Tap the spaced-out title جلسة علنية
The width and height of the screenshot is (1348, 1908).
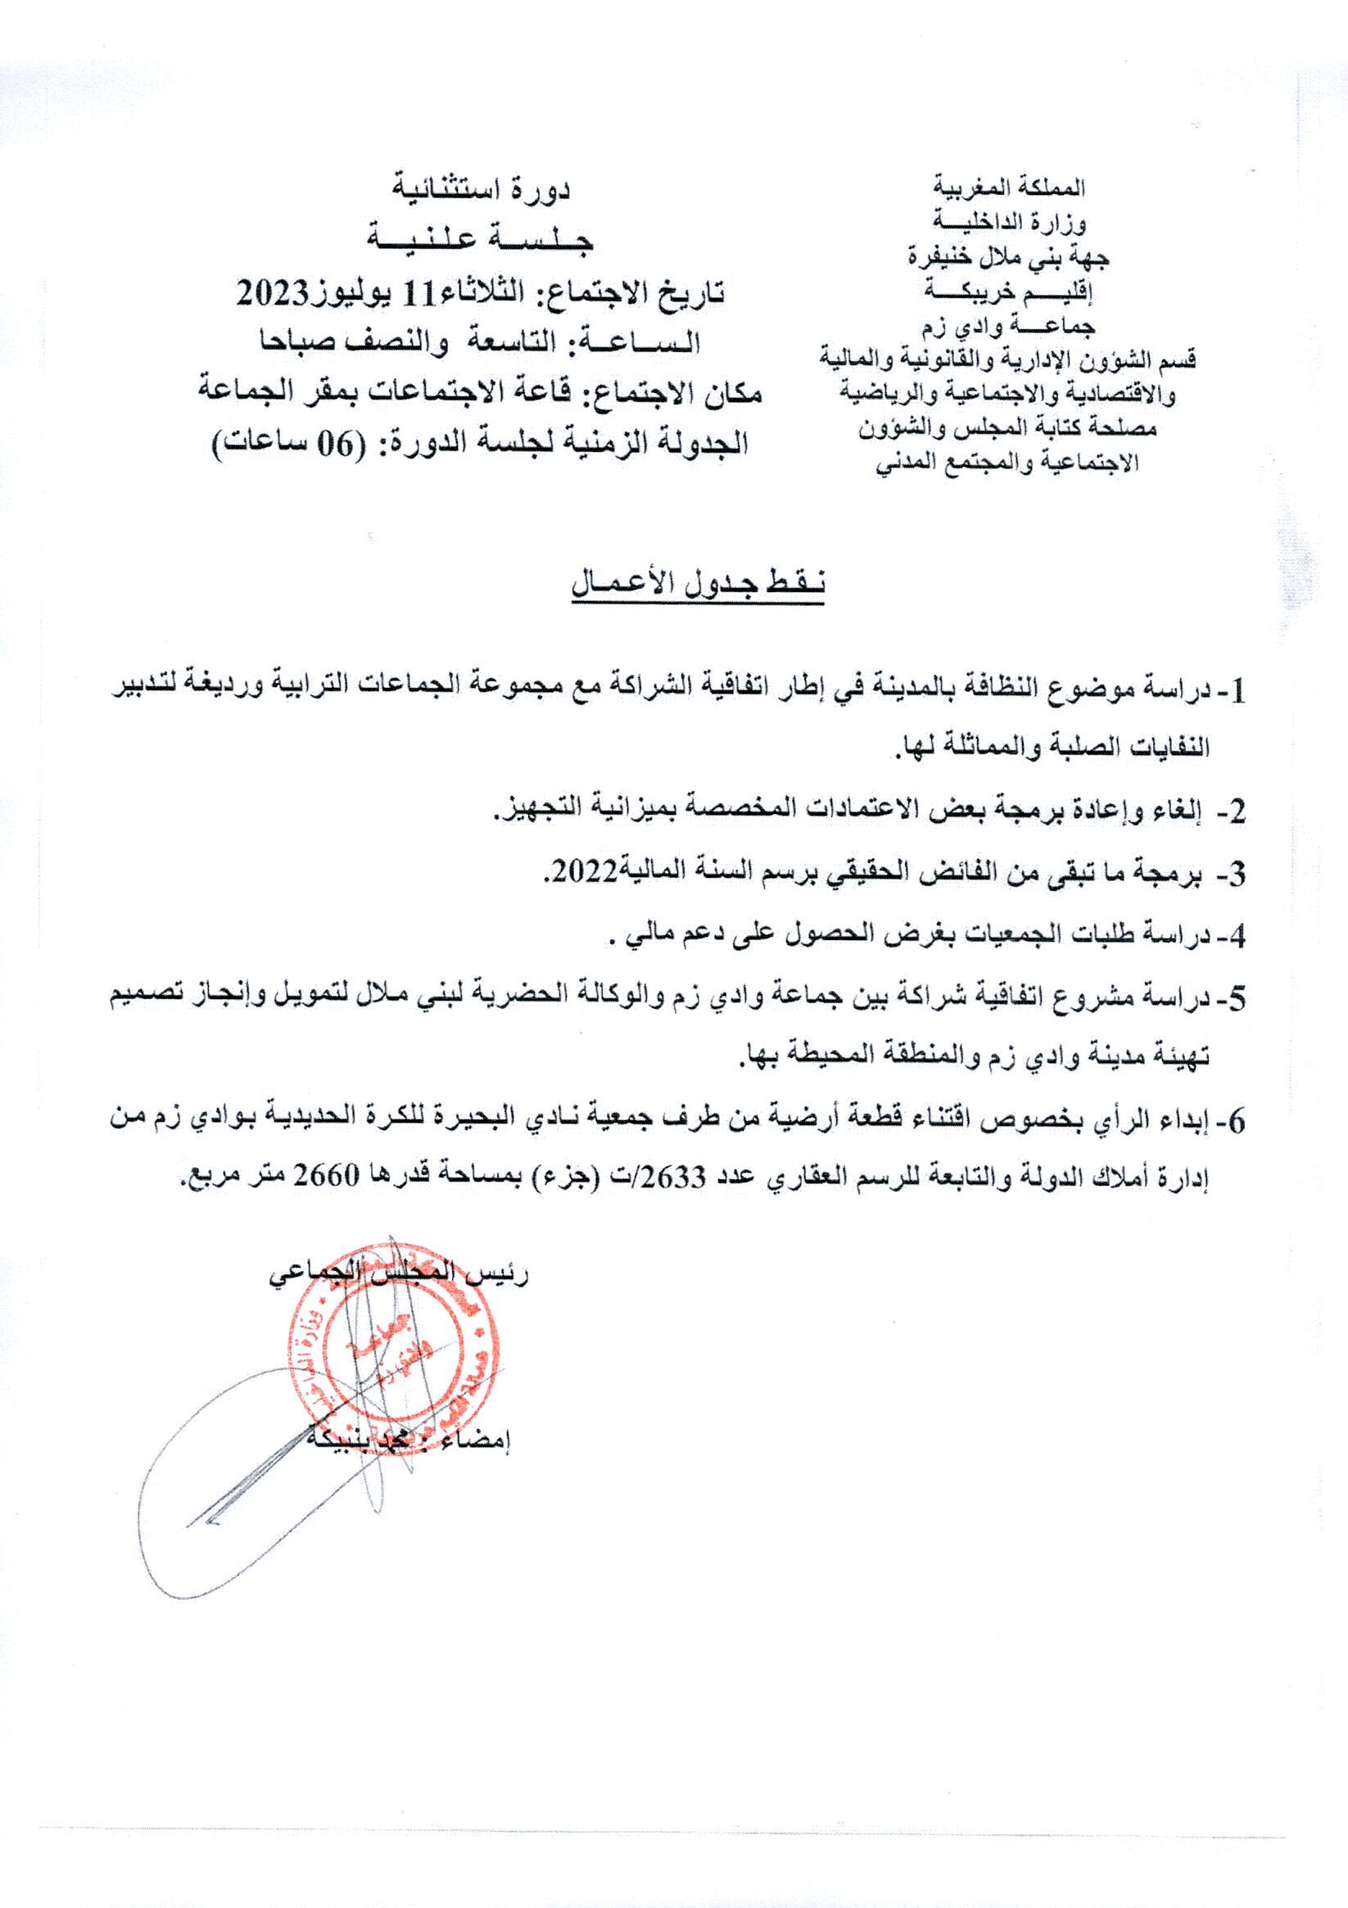482,241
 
